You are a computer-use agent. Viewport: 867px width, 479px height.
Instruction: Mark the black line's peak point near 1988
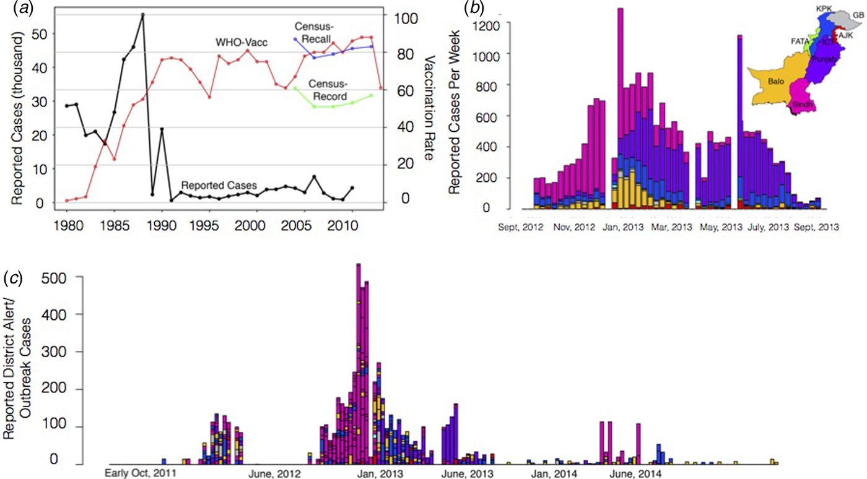point(143,14)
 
